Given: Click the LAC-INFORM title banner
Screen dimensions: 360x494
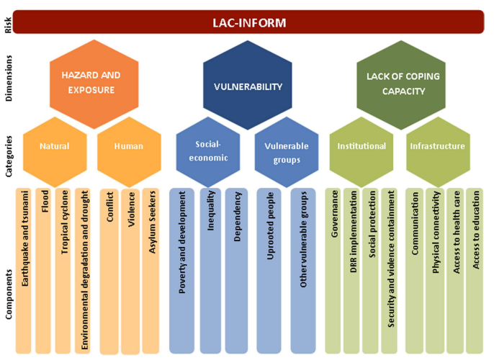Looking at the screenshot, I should point(248,22).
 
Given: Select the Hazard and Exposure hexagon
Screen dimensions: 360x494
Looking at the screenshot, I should point(90,83).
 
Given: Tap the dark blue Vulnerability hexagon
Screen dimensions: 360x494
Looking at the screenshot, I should point(248,86).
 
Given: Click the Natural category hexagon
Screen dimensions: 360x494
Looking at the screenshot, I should point(55,146).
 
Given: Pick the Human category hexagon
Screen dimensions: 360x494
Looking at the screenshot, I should point(129,146).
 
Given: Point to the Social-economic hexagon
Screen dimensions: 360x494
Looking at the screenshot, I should point(208,150).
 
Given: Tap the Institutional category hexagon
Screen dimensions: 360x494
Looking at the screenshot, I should point(361,146).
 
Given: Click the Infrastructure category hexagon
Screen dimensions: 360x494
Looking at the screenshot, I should point(437,146).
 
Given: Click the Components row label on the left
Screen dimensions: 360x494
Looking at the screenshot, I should point(9,292).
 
